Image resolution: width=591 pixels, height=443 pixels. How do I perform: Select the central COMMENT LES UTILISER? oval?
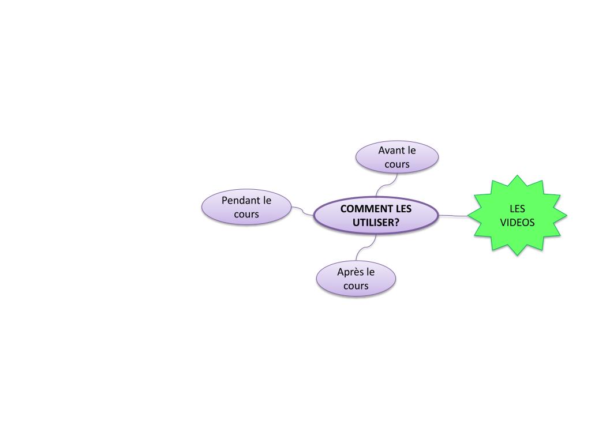point(376,216)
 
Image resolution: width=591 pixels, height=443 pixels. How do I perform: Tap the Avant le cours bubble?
point(397,157)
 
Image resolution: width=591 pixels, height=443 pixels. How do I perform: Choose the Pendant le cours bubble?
point(246,207)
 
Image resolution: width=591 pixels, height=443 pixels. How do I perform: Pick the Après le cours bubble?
point(356,279)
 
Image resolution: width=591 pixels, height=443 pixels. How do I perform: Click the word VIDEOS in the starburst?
point(517,223)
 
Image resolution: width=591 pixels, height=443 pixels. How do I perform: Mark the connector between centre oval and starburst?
point(455,216)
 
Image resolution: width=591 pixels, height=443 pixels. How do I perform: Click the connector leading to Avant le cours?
point(386,184)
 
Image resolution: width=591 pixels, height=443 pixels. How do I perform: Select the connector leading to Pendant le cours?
point(302,211)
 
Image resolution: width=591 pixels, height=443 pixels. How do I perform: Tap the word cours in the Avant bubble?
point(397,164)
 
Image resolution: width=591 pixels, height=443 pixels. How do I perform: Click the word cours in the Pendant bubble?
point(246,215)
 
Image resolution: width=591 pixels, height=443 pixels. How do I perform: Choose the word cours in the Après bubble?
point(356,286)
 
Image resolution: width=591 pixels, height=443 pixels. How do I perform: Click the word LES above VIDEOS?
point(517,209)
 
